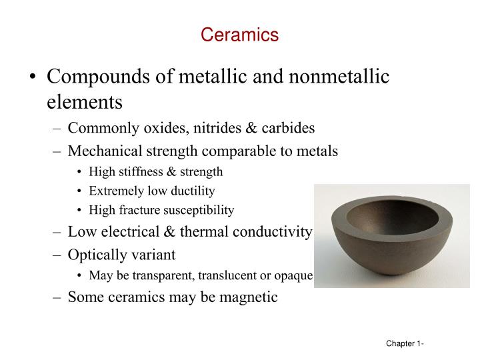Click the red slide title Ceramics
point(240,35)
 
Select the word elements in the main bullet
point(85,103)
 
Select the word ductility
point(191,191)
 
